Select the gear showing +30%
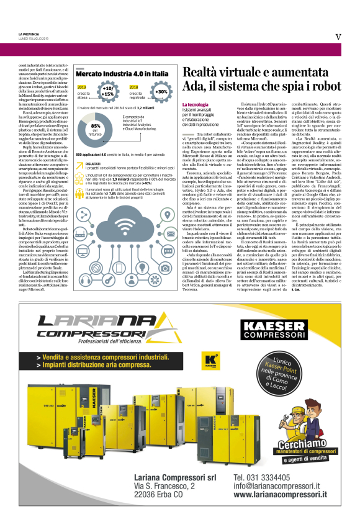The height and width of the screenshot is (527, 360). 161,92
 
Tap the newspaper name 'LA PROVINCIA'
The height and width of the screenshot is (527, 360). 30,33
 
